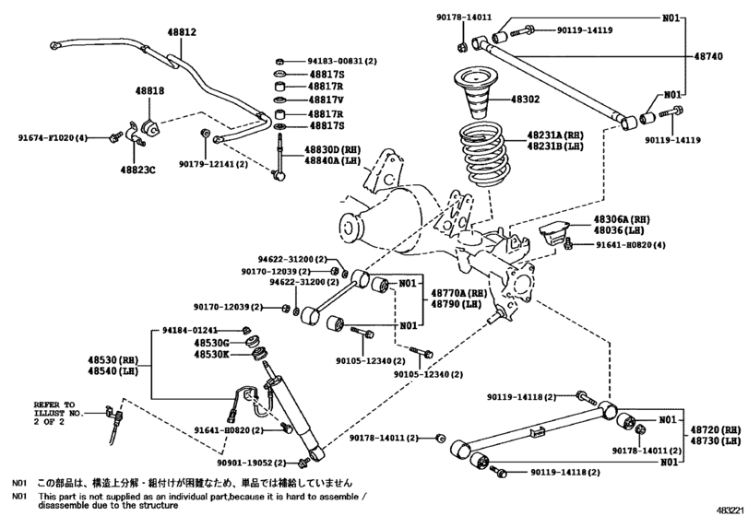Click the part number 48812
182,31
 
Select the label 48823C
138,170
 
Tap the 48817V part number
327,100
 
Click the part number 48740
708,56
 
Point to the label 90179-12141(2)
213,163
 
